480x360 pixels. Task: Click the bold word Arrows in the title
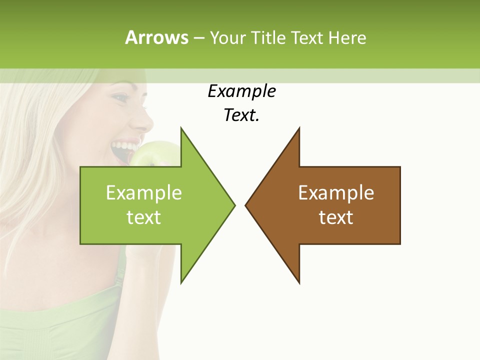pos(156,37)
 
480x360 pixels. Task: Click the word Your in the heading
pos(227,37)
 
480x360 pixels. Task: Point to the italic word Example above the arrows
pos(241,91)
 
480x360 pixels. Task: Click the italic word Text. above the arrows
pos(241,115)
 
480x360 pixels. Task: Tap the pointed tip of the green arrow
pos(233,205)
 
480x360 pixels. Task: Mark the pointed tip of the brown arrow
pos(247,205)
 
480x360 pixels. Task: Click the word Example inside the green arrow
pos(144,193)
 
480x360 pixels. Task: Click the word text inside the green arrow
pos(144,217)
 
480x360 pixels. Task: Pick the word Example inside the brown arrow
pos(336,193)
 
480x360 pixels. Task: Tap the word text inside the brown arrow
pos(336,217)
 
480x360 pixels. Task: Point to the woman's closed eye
pos(120,97)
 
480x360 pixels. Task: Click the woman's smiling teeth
pos(125,147)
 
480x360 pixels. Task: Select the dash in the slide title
pos(198,38)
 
